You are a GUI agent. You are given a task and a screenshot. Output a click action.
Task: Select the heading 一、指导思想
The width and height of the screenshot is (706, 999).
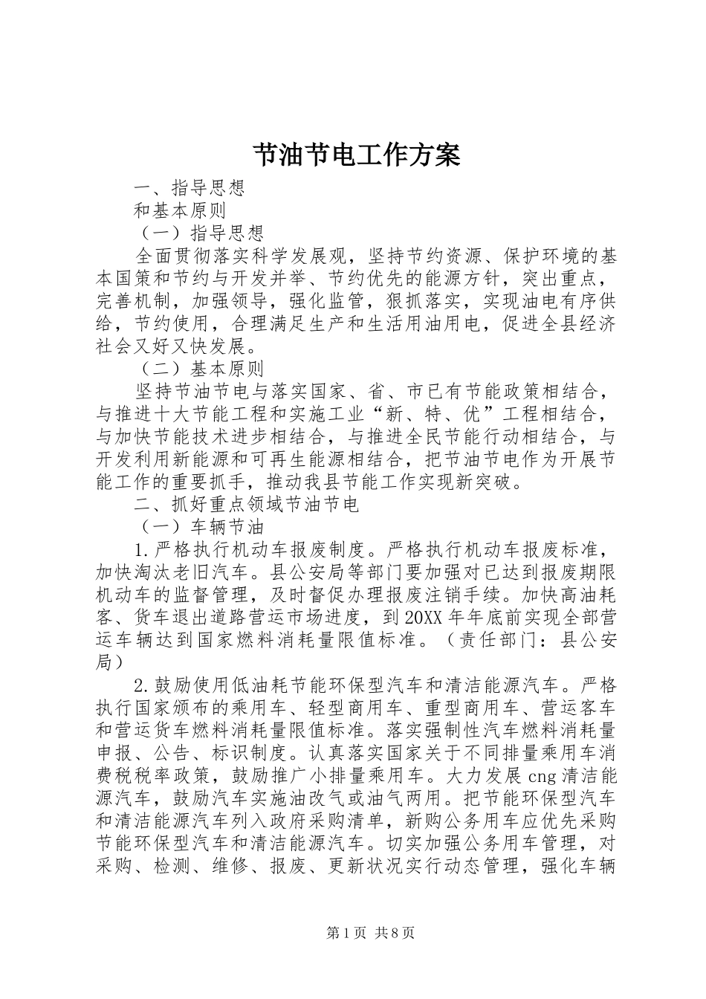[x=189, y=187]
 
